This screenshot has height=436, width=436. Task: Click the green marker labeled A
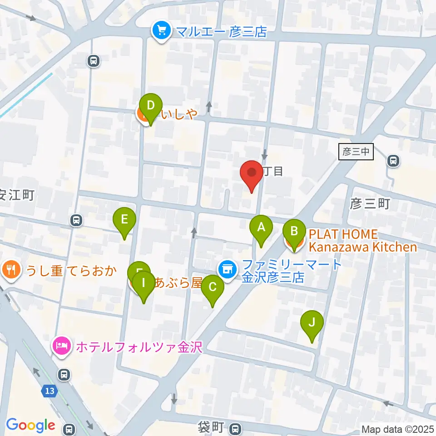[x=261, y=227]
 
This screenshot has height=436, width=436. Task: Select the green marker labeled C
[x=212, y=287]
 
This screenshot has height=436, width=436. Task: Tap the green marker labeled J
[x=312, y=323]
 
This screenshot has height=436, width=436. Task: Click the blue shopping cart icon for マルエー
[x=161, y=31]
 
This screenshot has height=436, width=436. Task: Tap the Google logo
[x=30, y=425]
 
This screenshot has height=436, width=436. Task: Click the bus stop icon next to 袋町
[x=235, y=428]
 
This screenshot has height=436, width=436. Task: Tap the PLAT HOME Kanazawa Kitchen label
[x=362, y=241]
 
